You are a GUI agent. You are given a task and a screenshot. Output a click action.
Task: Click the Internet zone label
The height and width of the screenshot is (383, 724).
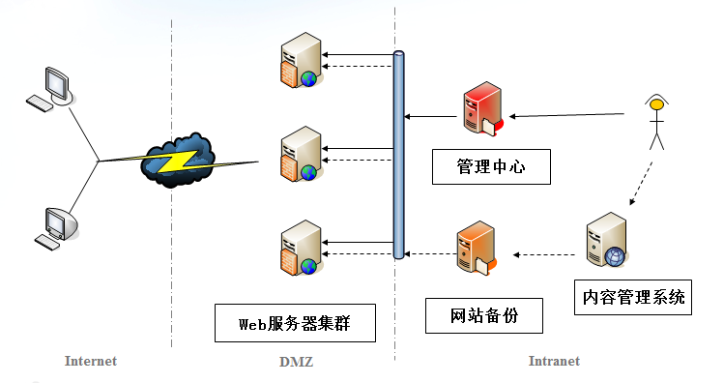[x=90, y=362]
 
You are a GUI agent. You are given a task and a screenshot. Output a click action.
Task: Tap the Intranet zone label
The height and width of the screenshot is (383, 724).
[x=554, y=362]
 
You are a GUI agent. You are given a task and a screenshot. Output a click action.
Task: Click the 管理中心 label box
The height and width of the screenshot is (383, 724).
[x=491, y=166]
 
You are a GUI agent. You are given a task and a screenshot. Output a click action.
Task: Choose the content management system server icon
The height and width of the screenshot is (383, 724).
[x=606, y=244]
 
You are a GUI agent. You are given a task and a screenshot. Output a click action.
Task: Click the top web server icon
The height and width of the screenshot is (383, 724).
[x=299, y=61]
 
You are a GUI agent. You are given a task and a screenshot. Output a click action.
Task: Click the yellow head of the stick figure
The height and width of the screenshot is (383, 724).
[x=657, y=102]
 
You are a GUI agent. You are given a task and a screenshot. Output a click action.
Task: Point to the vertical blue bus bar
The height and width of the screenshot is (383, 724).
[x=398, y=155]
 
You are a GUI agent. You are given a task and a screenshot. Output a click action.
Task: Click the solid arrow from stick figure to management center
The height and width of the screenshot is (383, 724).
[x=570, y=115]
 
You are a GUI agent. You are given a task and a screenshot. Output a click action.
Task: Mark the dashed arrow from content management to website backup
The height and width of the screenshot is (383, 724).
[x=546, y=255]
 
